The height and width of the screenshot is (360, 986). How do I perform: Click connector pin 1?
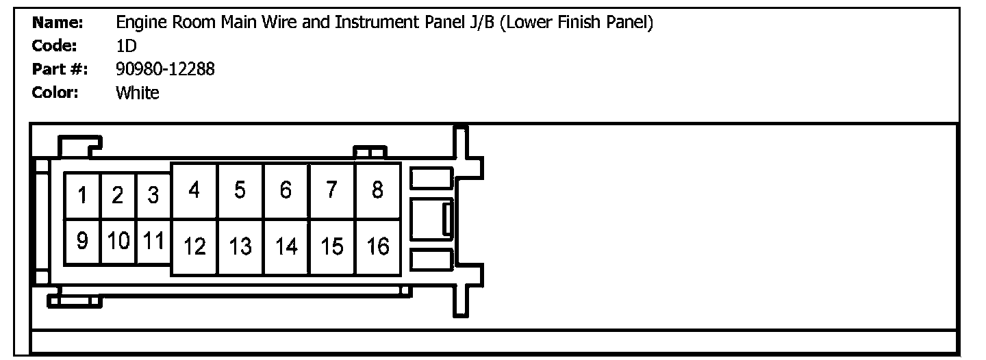click(82, 196)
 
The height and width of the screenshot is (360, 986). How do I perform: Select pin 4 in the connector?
click(194, 191)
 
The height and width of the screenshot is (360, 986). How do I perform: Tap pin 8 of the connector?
click(377, 191)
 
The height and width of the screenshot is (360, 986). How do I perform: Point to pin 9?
click(82, 242)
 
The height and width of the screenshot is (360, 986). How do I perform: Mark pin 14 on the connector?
click(286, 246)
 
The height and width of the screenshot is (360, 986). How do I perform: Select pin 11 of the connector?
click(153, 242)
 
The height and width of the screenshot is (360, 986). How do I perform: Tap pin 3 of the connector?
click(153, 196)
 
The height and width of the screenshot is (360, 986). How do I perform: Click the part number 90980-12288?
click(165, 69)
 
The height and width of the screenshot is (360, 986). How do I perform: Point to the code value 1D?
click(127, 46)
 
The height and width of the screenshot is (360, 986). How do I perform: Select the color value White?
click(138, 92)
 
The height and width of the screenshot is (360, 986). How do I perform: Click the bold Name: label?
click(58, 23)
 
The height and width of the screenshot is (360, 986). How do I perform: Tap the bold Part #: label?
click(60, 69)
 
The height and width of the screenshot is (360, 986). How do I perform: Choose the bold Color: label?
click(55, 92)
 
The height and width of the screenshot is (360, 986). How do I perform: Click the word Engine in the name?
click(138, 23)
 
